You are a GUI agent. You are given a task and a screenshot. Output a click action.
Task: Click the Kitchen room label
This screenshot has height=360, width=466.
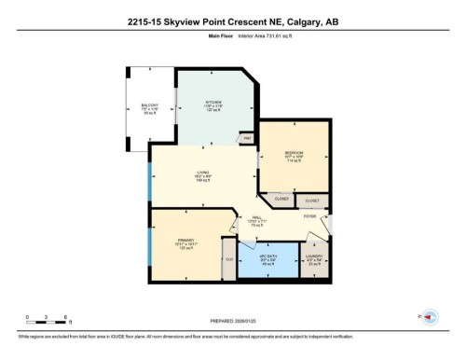click(x=212, y=103)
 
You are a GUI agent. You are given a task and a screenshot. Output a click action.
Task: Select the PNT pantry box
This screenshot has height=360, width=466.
click(x=247, y=139)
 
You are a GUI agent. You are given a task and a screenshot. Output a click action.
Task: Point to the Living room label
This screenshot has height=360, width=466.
click(x=201, y=173)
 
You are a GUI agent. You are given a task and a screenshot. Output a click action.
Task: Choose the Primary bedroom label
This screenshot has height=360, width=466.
click(x=185, y=243)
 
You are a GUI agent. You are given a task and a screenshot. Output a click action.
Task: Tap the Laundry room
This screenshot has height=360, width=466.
click(x=314, y=260)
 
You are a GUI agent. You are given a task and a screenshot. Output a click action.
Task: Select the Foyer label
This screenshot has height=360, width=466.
click(x=308, y=215)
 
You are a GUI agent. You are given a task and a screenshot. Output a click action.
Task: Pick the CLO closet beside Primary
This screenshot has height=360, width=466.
click(x=228, y=259)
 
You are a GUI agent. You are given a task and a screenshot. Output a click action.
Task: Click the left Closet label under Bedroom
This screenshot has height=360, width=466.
click(x=281, y=200)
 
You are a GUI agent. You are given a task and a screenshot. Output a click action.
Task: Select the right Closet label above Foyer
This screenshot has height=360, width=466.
click(x=312, y=201)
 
